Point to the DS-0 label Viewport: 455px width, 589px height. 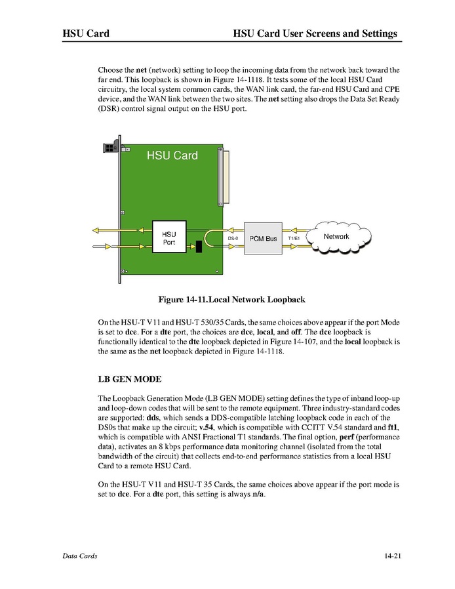[233, 239]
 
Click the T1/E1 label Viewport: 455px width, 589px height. [293, 239]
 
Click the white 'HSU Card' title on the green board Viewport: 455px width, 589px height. [172, 156]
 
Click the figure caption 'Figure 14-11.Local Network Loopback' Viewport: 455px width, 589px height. [231, 300]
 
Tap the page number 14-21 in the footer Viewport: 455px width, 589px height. [393, 556]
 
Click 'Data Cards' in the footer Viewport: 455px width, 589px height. [80, 556]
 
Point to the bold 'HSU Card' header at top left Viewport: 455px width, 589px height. [85, 33]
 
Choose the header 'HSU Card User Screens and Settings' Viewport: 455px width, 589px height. [315, 33]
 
